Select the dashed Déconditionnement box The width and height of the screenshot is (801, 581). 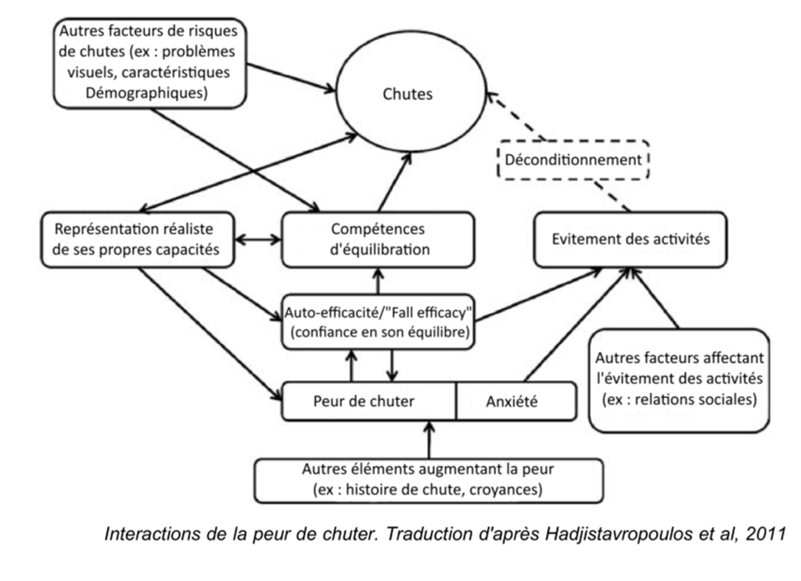click(575, 161)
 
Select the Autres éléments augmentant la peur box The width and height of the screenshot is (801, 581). click(429, 479)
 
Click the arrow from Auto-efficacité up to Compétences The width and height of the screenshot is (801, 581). click(378, 280)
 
